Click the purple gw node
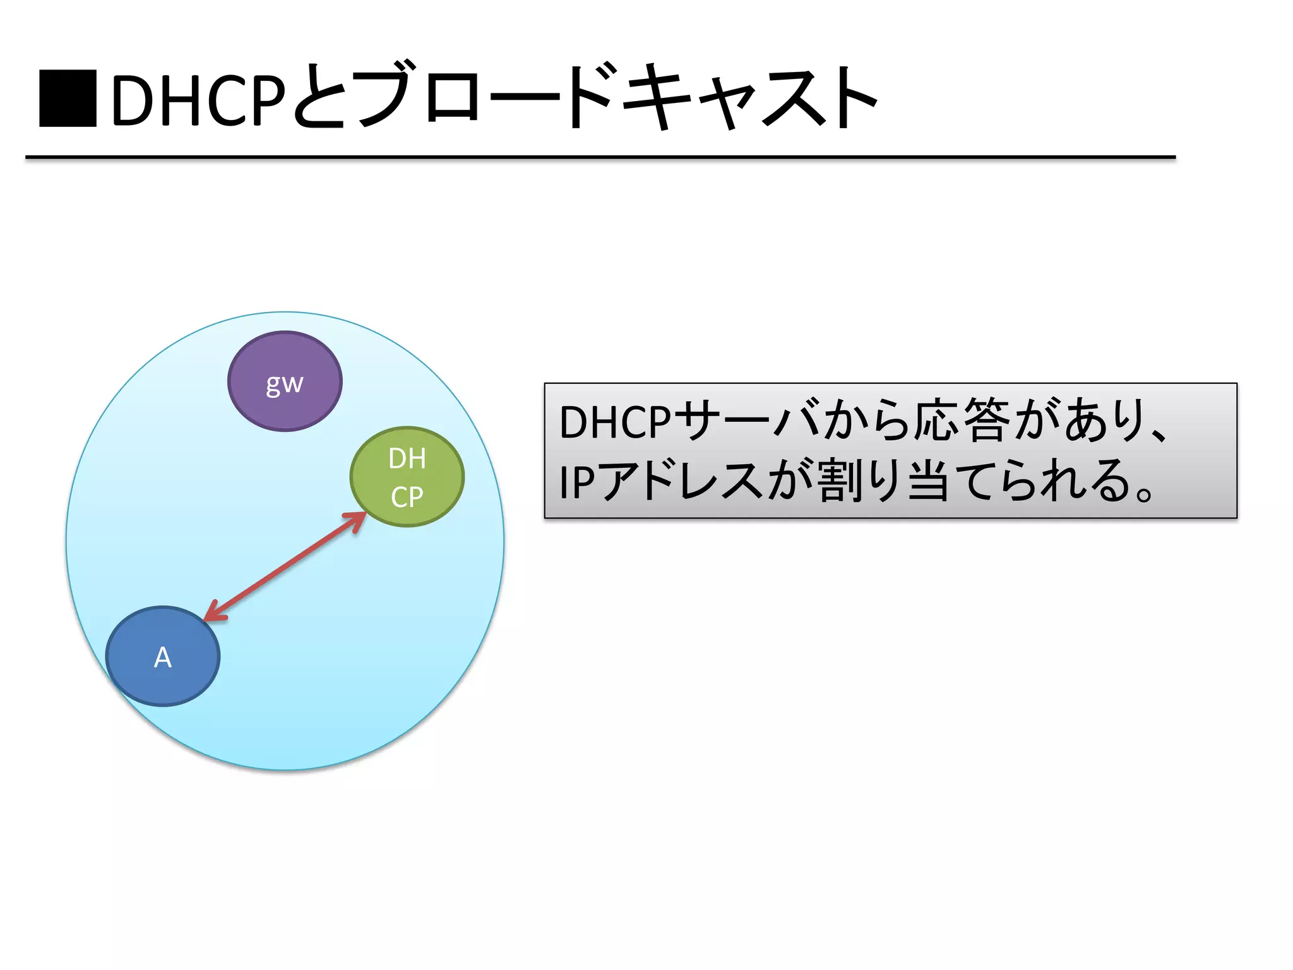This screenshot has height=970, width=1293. pos(285,381)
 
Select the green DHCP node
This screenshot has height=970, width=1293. pos(407,477)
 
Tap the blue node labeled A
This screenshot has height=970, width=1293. pos(163,656)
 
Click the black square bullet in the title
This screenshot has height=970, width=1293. pos(68,99)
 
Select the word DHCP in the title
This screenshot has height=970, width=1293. pos(198,100)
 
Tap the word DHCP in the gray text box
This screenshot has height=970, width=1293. pos(614,422)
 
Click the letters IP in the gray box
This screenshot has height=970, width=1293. pos(576,482)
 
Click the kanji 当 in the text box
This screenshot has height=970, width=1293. pos(928,481)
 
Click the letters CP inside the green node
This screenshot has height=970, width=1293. pos(407,498)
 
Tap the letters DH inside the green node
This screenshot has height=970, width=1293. pos(407,459)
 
